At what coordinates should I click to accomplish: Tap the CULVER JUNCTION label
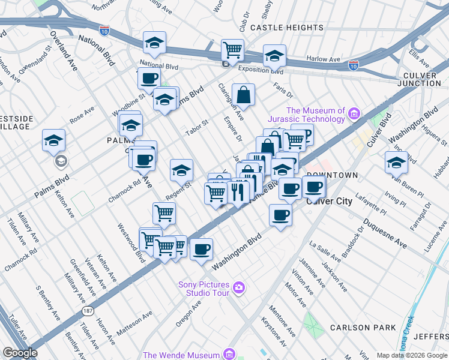click(423, 79)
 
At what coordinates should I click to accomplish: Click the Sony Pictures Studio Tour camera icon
click(239, 289)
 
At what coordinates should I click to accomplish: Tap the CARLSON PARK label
click(363, 328)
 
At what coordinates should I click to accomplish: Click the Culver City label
click(329, 202)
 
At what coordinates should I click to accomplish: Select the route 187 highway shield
click(89, 311)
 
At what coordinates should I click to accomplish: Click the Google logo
click(20, 352)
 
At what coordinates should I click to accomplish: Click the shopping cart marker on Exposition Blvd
click(232, 50)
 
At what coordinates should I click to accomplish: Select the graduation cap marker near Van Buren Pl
click(396, 162)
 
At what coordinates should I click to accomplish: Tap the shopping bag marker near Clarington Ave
click(243, 95)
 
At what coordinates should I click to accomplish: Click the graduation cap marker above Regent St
click(181, 170)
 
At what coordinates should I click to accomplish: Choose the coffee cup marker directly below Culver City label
click(280, 215)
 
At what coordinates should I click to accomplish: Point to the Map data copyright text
click(411, 355)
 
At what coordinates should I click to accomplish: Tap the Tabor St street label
click(196, 127)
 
